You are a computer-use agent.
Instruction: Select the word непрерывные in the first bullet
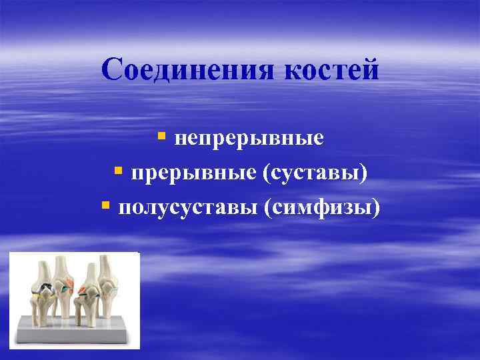[249, 138]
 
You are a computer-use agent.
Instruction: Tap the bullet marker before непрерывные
[161, 137]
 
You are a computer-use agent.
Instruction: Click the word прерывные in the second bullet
[193, 173]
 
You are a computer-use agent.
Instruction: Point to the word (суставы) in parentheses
[315, 173]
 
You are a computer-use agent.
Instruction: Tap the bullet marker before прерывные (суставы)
[118, 172]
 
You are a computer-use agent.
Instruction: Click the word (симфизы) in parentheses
[322, 208]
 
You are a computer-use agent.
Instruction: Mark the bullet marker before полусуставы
[105, 207]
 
